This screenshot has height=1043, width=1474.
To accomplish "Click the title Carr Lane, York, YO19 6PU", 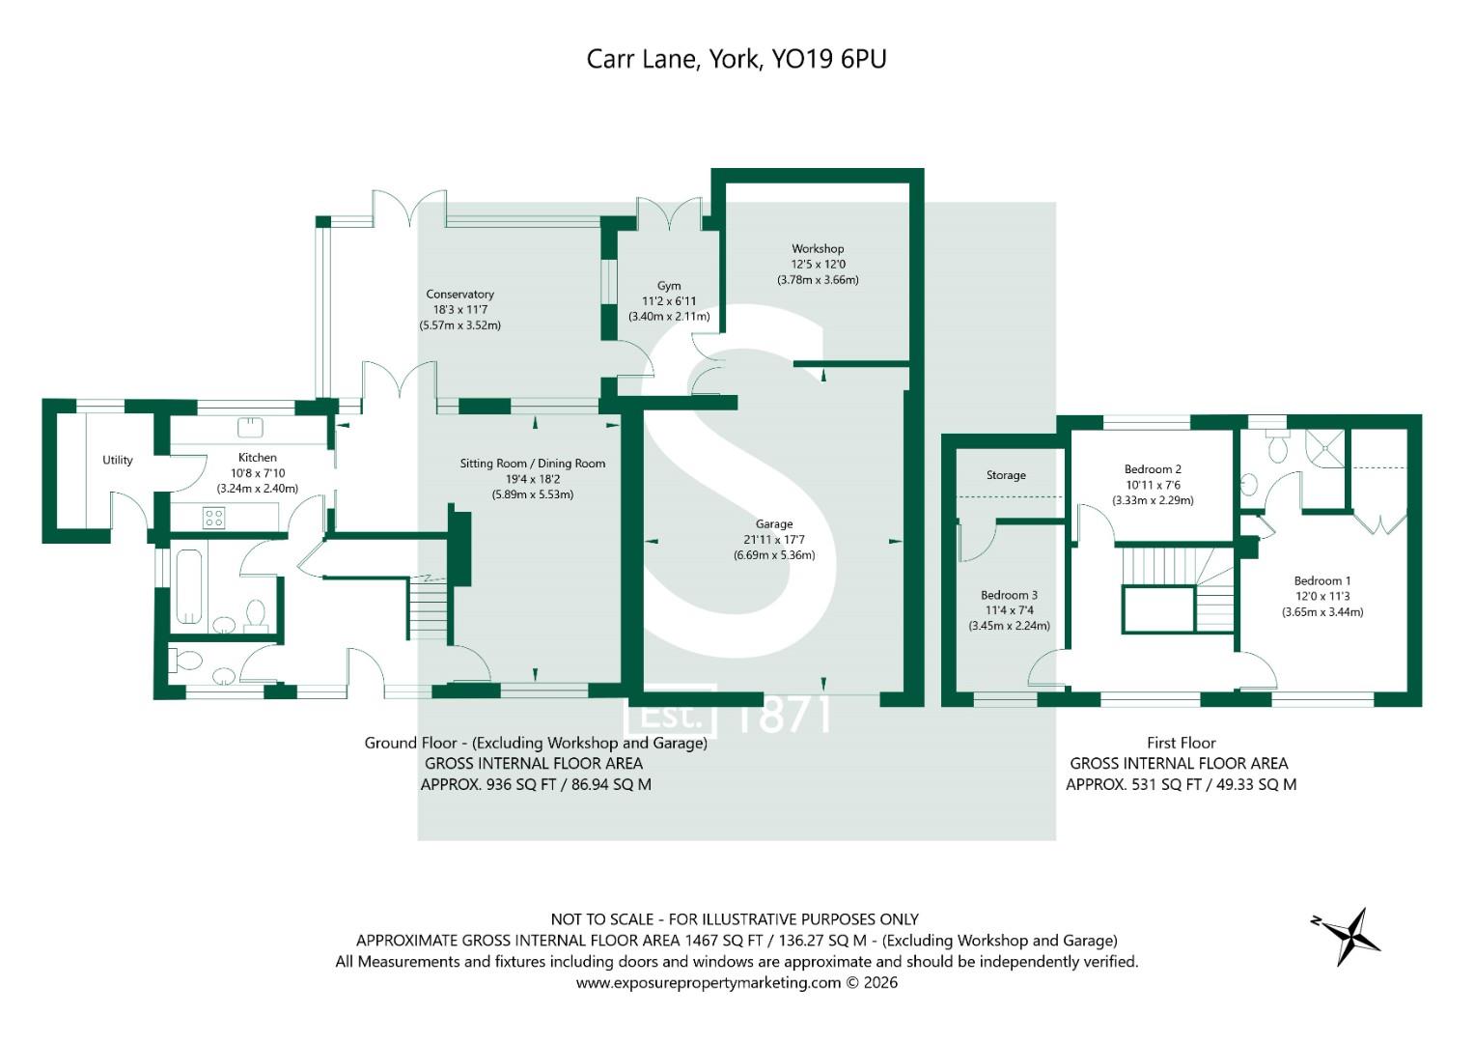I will click(737, 59).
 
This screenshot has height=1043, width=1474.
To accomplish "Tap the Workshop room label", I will click(818, 249).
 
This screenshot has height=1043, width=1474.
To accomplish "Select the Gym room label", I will click(669, 286).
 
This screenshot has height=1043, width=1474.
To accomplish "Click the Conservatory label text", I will click(459, 295).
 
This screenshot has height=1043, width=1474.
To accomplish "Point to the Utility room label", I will click(118, 460).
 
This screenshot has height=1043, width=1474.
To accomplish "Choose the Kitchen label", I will click(258, 458).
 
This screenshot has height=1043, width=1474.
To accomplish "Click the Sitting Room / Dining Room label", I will click(532, 464).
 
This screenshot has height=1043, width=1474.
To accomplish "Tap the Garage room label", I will click(774, 524).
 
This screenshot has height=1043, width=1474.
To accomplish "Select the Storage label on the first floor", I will click(1006, 475).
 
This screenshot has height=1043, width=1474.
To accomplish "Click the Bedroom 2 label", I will click(1153, 469).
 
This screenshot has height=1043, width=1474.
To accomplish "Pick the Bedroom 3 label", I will click(1009, 595).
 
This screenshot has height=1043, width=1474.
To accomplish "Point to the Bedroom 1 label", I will click(1322, 580).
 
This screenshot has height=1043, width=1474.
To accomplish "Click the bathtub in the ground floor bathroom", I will click(188, 586).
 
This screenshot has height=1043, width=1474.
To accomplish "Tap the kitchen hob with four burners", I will click(213, 518).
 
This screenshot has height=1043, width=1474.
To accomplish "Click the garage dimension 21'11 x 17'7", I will click(774, 540).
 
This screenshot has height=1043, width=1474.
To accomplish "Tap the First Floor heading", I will click(1181, 743).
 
